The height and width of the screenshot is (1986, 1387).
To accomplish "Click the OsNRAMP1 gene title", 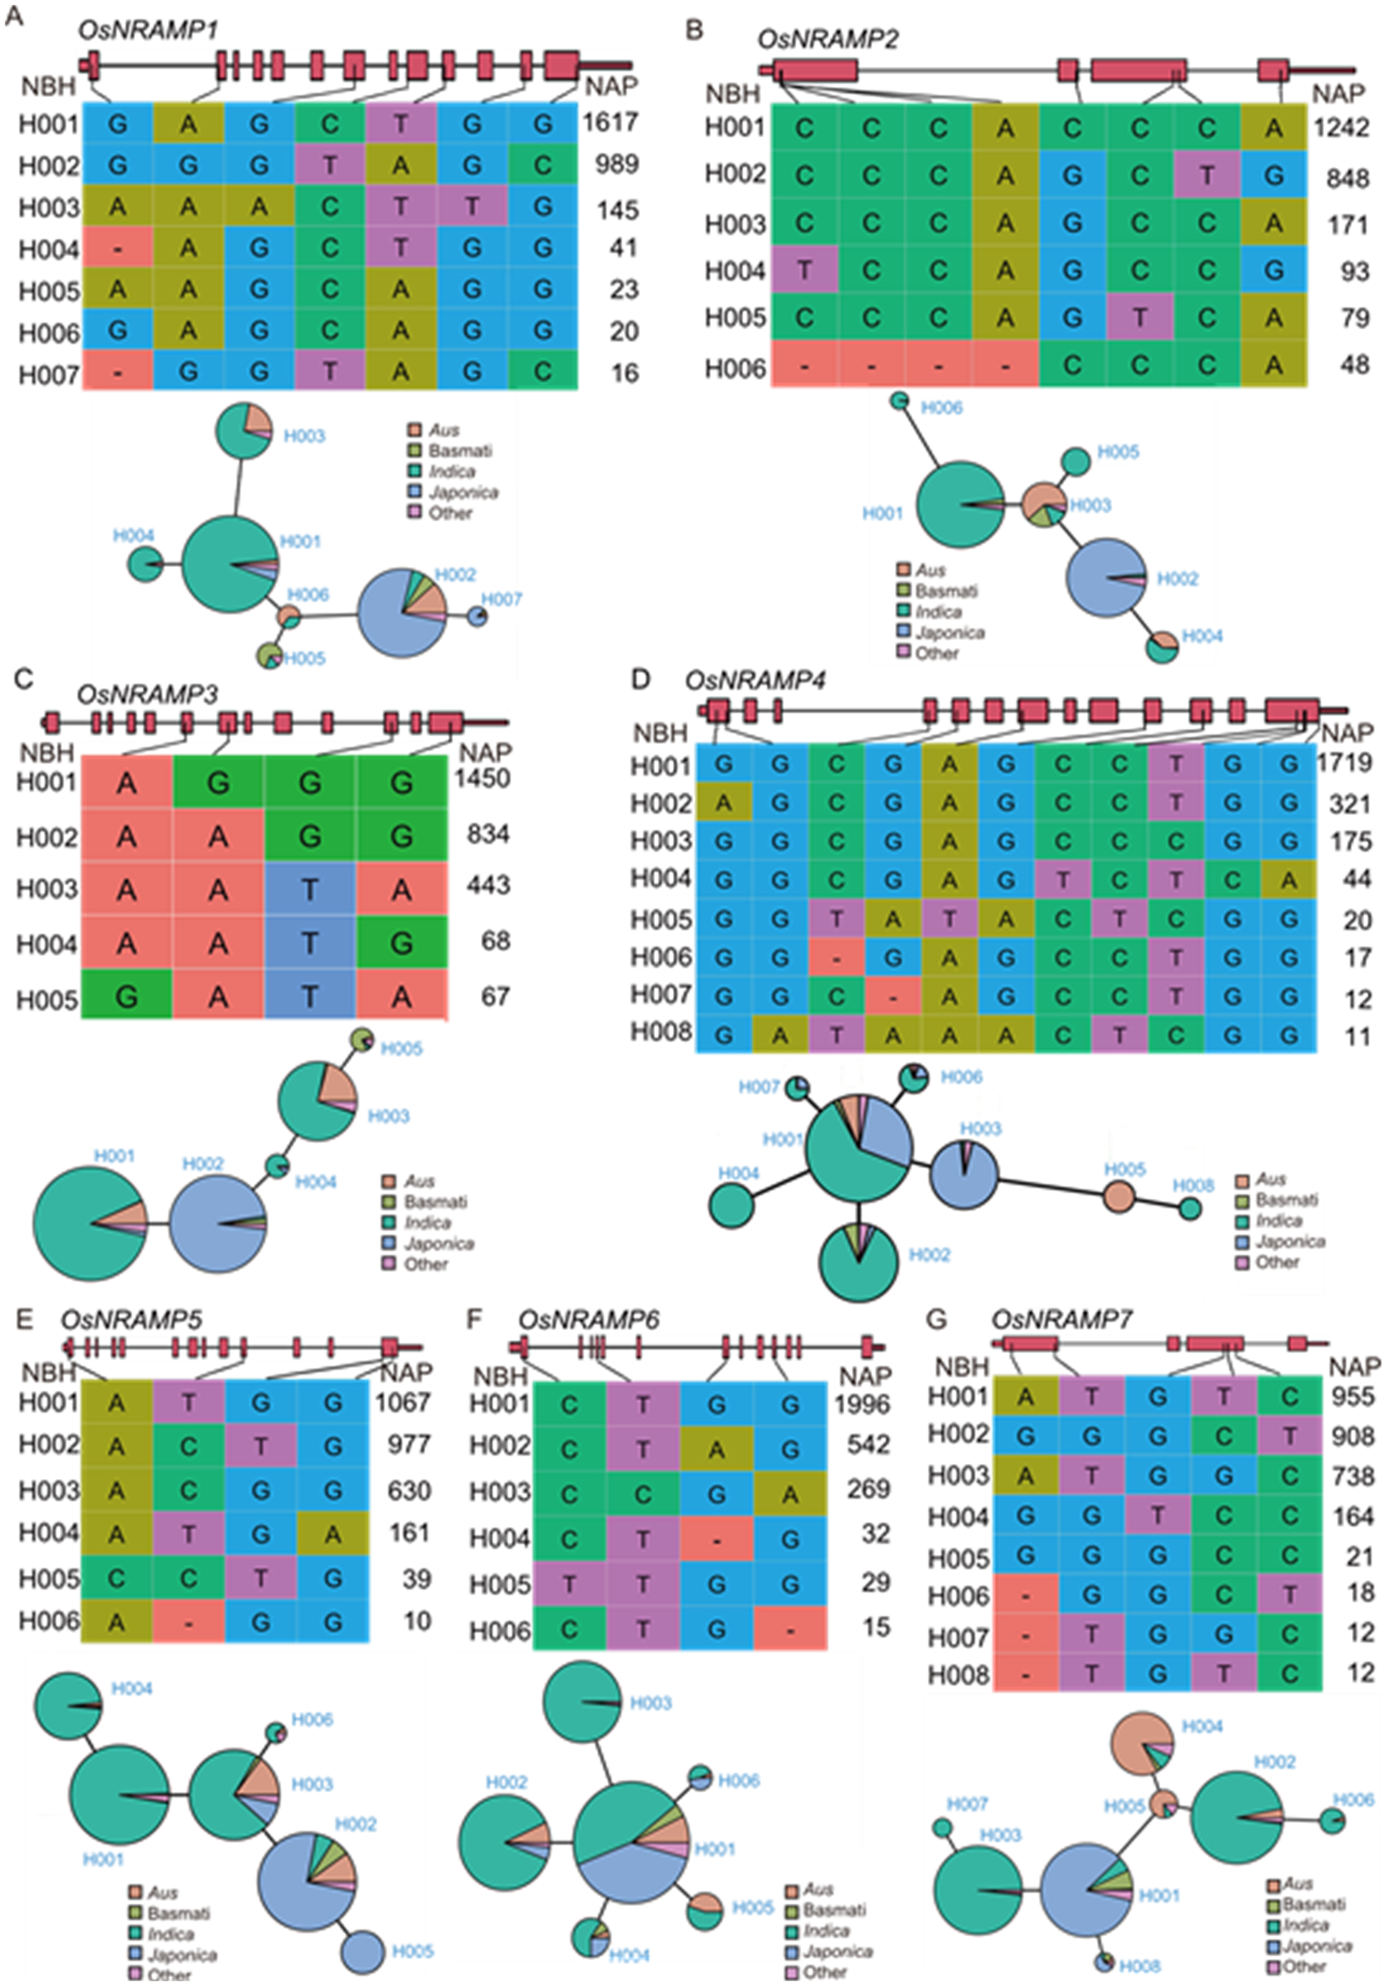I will coord(147,30).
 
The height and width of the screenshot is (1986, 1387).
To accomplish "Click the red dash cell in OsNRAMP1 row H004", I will coord(117,249).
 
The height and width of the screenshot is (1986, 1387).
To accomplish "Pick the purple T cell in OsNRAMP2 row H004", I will coord(804,271).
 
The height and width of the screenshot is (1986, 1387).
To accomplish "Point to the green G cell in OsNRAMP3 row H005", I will coord(127,998).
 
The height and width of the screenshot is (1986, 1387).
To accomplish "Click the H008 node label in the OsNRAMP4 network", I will coord(1193,1186).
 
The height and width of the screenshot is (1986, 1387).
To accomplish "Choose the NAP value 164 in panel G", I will coord(1352,1517).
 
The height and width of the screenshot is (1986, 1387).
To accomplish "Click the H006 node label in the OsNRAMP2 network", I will coord(941,408).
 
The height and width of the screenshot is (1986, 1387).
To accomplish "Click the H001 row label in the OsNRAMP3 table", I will coord(47,783).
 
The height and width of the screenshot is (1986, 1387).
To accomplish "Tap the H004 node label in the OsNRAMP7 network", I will coord(1202,1727).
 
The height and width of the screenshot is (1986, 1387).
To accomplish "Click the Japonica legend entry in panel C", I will coord(438,1243).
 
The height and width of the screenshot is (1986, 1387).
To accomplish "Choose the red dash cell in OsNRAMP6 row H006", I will coord(789,1630).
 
